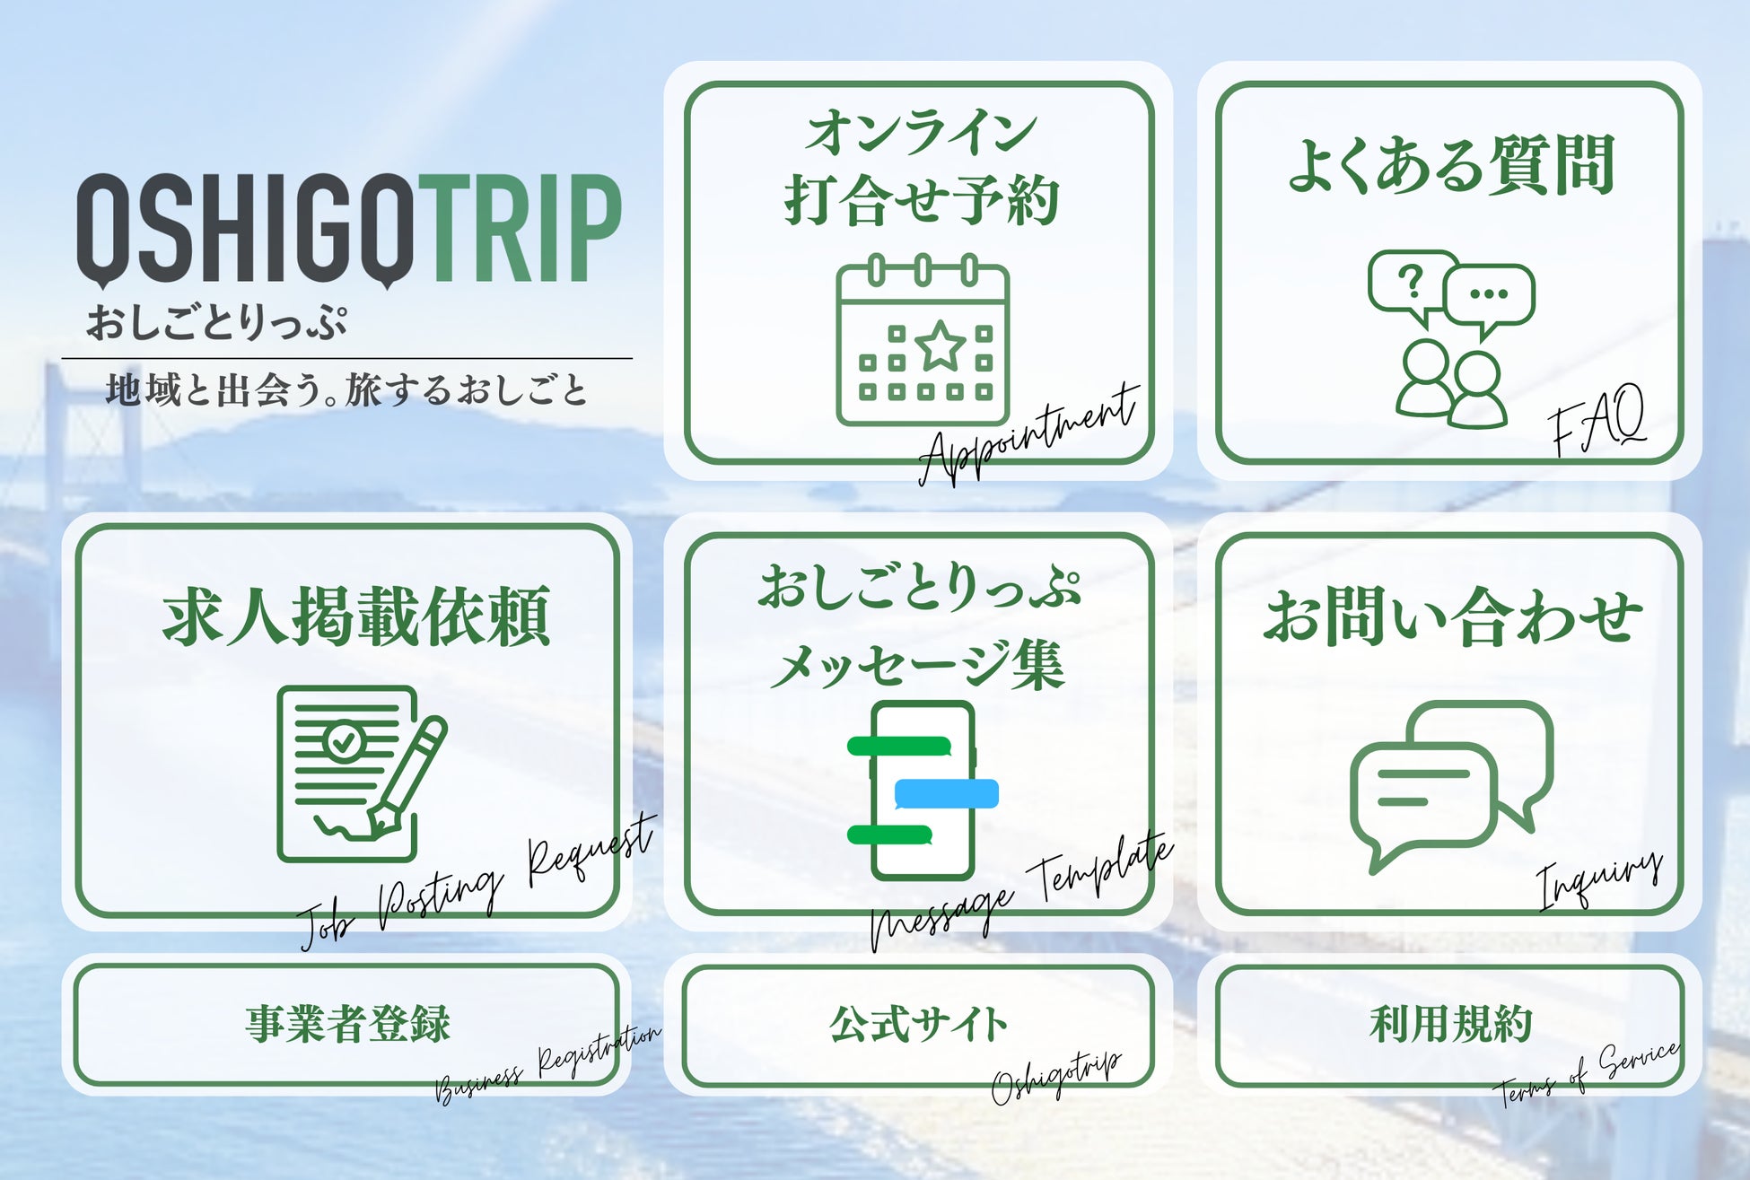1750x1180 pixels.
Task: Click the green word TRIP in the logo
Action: pyautogui.click(x=521, y=229)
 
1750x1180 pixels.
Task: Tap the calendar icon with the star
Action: pyautogui.click(x=923, y=340)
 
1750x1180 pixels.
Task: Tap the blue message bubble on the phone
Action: pyautogui.click(x=947, y=794)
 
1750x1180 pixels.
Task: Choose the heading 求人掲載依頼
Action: pyautogui.click(x=356, y=617)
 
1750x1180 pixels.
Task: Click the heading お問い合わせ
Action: pyautogui.click(x=1453, y=617)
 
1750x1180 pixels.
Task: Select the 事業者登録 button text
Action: pyautogui.click(x=348, y=1024)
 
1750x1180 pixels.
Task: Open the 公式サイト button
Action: pyautogui.click(x=919, y=1025)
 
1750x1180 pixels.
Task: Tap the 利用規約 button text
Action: pyautogui.click(x=1451, y=1024)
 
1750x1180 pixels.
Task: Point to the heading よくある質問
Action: pyautogui.click(x=1451, y=165)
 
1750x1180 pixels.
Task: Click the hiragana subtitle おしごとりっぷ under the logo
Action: pyautogui.click(x=216, y=321)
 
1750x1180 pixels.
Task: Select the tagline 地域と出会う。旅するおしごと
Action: pyautogui.click(x=347, y=390)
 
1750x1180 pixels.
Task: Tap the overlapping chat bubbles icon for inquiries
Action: pyautogui.click(x=1451, y=786)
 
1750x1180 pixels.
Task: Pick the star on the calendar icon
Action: pyautogui.click(x=941, y=345)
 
